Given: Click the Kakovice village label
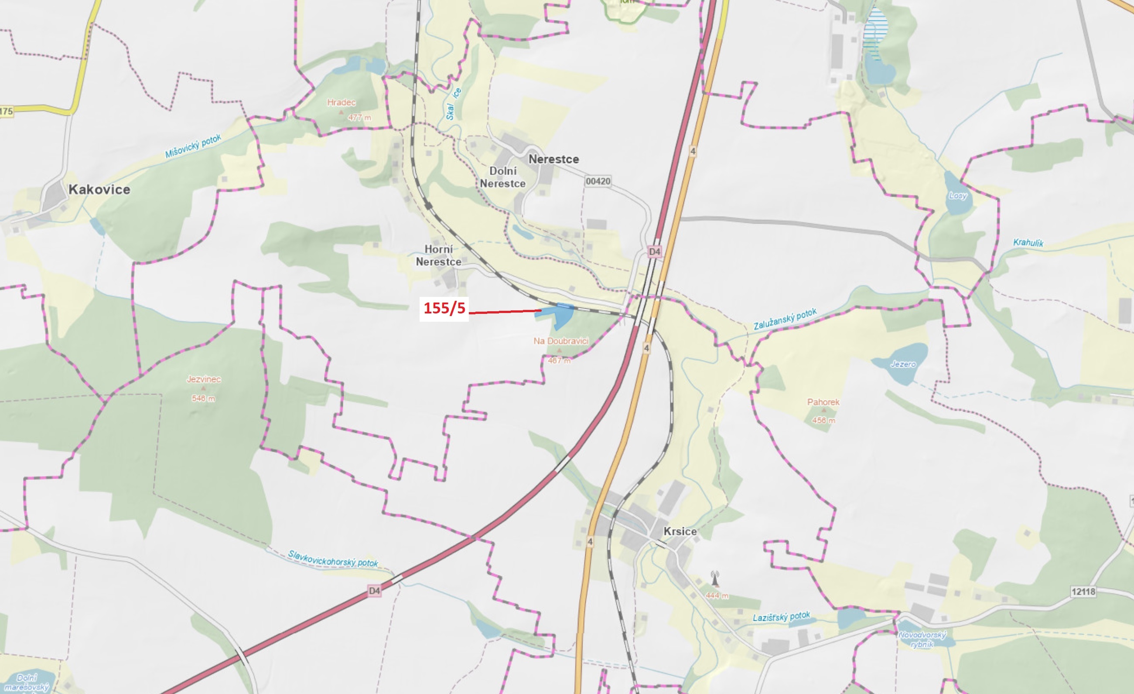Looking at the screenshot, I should pyautogui.click(x=99, y=190).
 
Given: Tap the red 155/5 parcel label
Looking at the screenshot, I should pyautogui.click(x=444, y=308).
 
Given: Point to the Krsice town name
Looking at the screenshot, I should pyautogui.click(x=680, y=531).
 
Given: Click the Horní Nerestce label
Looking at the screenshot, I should pyautogui.click(x=439, y=255).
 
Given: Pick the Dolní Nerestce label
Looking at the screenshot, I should pyautogui.click(x=502, y=177).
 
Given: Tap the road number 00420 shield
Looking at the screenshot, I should pyautogui.click(x=598, y=181).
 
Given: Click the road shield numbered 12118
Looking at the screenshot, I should pyautogui.click(x=1083, y=592).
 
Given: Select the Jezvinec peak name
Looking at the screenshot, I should pyautogui.click(x=203, y=379).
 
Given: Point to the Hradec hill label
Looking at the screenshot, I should pyautogui.click(x=342, y=102).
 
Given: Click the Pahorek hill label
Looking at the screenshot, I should pyautogui.click(x=823, y=402).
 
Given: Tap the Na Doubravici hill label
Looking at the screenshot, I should pyautogui.click(x=560, y=341).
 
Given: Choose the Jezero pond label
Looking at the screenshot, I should pyautogui.click(x=903, y=364).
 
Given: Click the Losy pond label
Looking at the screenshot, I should pyautogui.click(x=958, y=195).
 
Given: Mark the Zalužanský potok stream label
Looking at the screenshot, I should pyautogui.click(x=785, y=319).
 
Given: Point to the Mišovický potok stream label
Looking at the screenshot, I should pyautogui.click(x=193, y=146).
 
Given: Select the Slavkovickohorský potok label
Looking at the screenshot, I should pyautogui.click(x=333, y=559).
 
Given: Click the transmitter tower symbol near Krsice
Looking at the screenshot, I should pyautogui.click(x=715, y=578).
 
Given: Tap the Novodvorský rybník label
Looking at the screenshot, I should pyautogui.click(x=922, y=639).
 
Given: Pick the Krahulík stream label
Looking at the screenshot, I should pyautogui.click(x=1028, y=242).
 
